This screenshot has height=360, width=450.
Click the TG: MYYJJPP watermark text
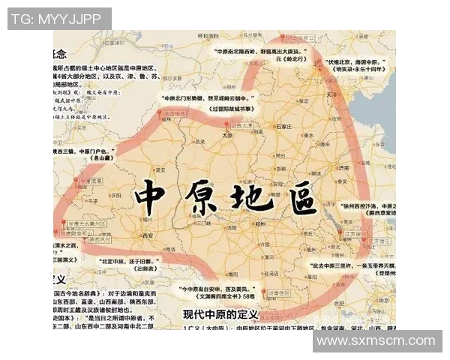(59, 19)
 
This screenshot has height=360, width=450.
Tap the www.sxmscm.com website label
(376, 341)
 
